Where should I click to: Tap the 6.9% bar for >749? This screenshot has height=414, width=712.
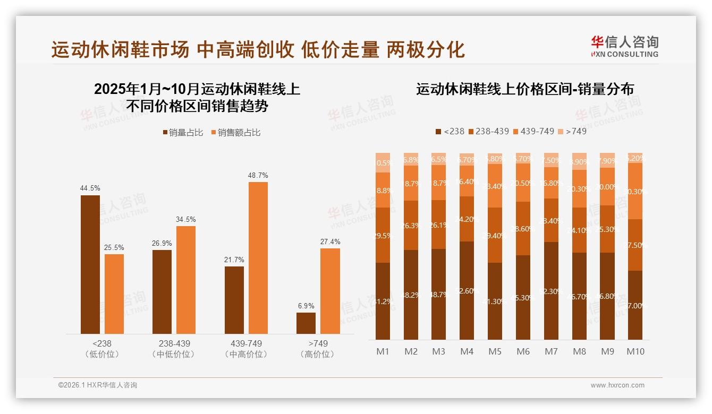[306, 323]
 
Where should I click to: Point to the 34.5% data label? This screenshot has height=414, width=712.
[185, 219]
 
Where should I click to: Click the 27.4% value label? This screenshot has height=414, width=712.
[330, 241]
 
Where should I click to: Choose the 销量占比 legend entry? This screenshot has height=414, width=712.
[183, 133]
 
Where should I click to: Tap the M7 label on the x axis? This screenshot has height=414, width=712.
[551, 351]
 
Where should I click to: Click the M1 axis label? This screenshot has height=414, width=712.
[383, 351]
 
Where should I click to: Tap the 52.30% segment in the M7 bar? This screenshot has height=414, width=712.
[551, 291]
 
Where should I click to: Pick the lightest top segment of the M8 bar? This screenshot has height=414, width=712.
[579, 161]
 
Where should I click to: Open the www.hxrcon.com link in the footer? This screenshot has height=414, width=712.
[617, 385]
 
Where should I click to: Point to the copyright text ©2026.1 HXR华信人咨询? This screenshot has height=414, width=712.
[98, 385]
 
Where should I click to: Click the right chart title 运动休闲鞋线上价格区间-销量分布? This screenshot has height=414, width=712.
[524, 90]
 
